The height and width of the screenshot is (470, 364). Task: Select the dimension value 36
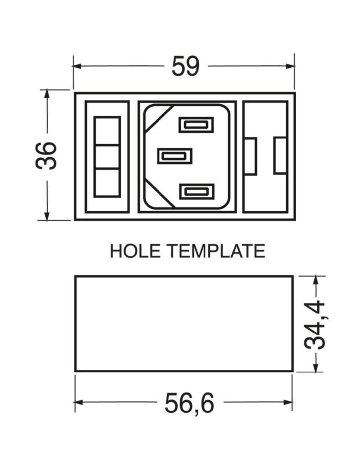(x=46, y=156)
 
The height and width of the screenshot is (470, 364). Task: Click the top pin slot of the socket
(x=196, y=125)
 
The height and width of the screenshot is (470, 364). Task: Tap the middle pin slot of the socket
(x=174, y=156)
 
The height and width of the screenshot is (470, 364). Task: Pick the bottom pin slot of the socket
(x=197, y=191)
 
